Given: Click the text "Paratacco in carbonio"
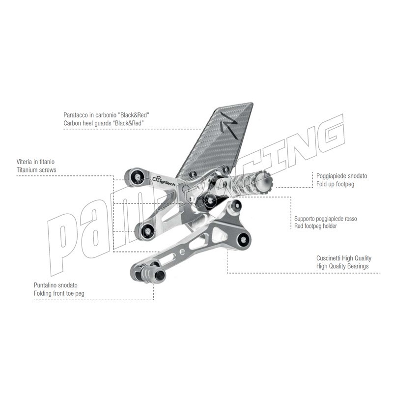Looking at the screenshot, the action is [x=90, y=115].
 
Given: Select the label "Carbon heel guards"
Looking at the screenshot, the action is [x=87, y=123].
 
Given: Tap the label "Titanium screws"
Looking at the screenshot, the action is [x=36, y=170].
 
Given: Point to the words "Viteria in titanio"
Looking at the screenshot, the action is [x=35, y=162].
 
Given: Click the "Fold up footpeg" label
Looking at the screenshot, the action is [x=335, y=184].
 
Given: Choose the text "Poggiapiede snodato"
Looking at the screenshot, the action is [x=341, y=176].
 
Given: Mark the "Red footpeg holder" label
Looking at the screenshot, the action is [x=315, y=226].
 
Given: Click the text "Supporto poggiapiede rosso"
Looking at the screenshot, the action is [x=326, y=219].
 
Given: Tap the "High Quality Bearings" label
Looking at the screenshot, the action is [x=342, y=266].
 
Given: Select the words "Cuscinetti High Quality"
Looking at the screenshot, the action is [x=343, y=258].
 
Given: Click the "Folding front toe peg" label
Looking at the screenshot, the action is [x=59, y=293].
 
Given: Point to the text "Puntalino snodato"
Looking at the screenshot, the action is [x=56, y=285].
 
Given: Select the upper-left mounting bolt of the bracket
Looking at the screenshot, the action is [x=137, y=177].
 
